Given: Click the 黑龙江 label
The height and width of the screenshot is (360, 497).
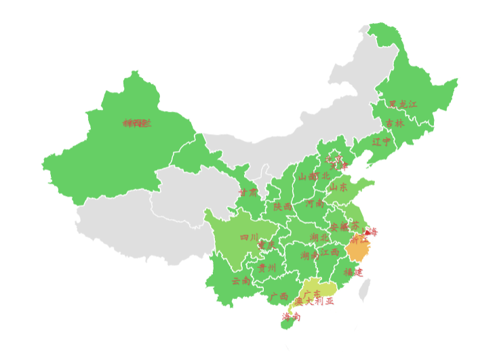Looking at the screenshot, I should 403,104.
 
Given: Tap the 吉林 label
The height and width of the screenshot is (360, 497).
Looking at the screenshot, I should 395,123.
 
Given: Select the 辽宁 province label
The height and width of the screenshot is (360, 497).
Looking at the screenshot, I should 382,142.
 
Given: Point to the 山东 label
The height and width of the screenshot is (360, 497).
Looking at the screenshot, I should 338,187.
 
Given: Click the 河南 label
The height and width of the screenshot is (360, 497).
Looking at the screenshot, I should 315,203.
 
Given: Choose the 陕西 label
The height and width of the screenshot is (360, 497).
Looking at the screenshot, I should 283,206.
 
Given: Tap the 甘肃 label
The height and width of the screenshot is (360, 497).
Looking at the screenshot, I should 248,193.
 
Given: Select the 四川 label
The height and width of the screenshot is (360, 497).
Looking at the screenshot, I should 250,237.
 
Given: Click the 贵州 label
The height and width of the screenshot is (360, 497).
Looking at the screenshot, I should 267,268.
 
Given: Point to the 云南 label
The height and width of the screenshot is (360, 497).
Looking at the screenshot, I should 241,280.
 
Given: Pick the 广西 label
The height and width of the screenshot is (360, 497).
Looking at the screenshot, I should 279,296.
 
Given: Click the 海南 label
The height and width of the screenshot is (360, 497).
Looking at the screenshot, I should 292,316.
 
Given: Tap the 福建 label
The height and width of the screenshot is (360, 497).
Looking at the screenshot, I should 353,272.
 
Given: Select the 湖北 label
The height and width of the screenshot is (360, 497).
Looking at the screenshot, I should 319,237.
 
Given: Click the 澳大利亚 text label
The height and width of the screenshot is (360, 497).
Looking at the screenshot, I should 314,302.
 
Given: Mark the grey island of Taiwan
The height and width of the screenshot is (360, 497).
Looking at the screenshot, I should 365,290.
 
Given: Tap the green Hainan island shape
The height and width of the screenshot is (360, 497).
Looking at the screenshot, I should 288,324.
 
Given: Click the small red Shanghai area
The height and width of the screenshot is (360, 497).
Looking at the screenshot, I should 367,232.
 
